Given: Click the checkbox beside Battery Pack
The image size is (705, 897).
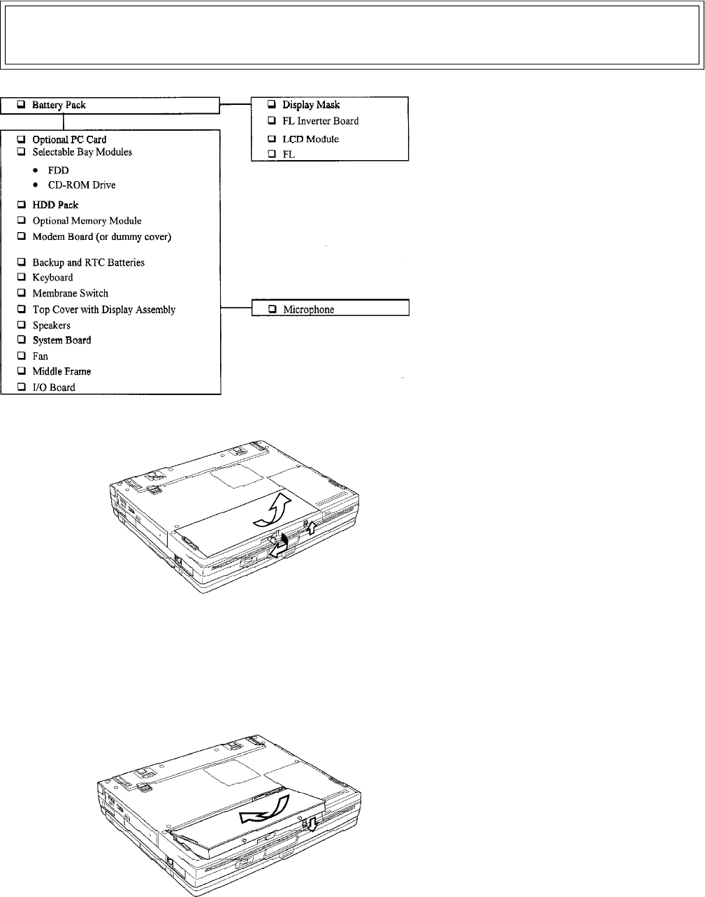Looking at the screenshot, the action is [22, 105].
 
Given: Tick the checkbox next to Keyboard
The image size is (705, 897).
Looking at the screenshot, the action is [22, 278].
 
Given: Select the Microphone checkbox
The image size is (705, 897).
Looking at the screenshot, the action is [272, 309].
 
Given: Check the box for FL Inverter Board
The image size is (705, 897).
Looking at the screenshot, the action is [272, 121].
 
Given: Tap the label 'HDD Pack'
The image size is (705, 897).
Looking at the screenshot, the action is [55, 205].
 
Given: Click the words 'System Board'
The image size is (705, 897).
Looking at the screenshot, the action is [61, 340].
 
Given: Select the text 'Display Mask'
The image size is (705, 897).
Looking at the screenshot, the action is [311, 105].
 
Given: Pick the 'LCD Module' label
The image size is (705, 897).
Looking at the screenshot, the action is [310, 139].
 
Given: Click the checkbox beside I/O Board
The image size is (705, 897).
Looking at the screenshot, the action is [22, 387].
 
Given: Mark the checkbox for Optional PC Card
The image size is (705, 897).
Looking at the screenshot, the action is [22, 140].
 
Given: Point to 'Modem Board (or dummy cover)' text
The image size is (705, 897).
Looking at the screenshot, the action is [101, 237].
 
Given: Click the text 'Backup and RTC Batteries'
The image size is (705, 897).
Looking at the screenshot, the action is [88, 263].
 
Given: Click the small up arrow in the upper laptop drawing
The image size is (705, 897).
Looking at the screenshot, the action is [312, 527].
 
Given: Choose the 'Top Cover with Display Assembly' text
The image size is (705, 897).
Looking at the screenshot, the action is [103, 310].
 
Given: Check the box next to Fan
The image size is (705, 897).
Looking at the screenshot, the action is [22, 357].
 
